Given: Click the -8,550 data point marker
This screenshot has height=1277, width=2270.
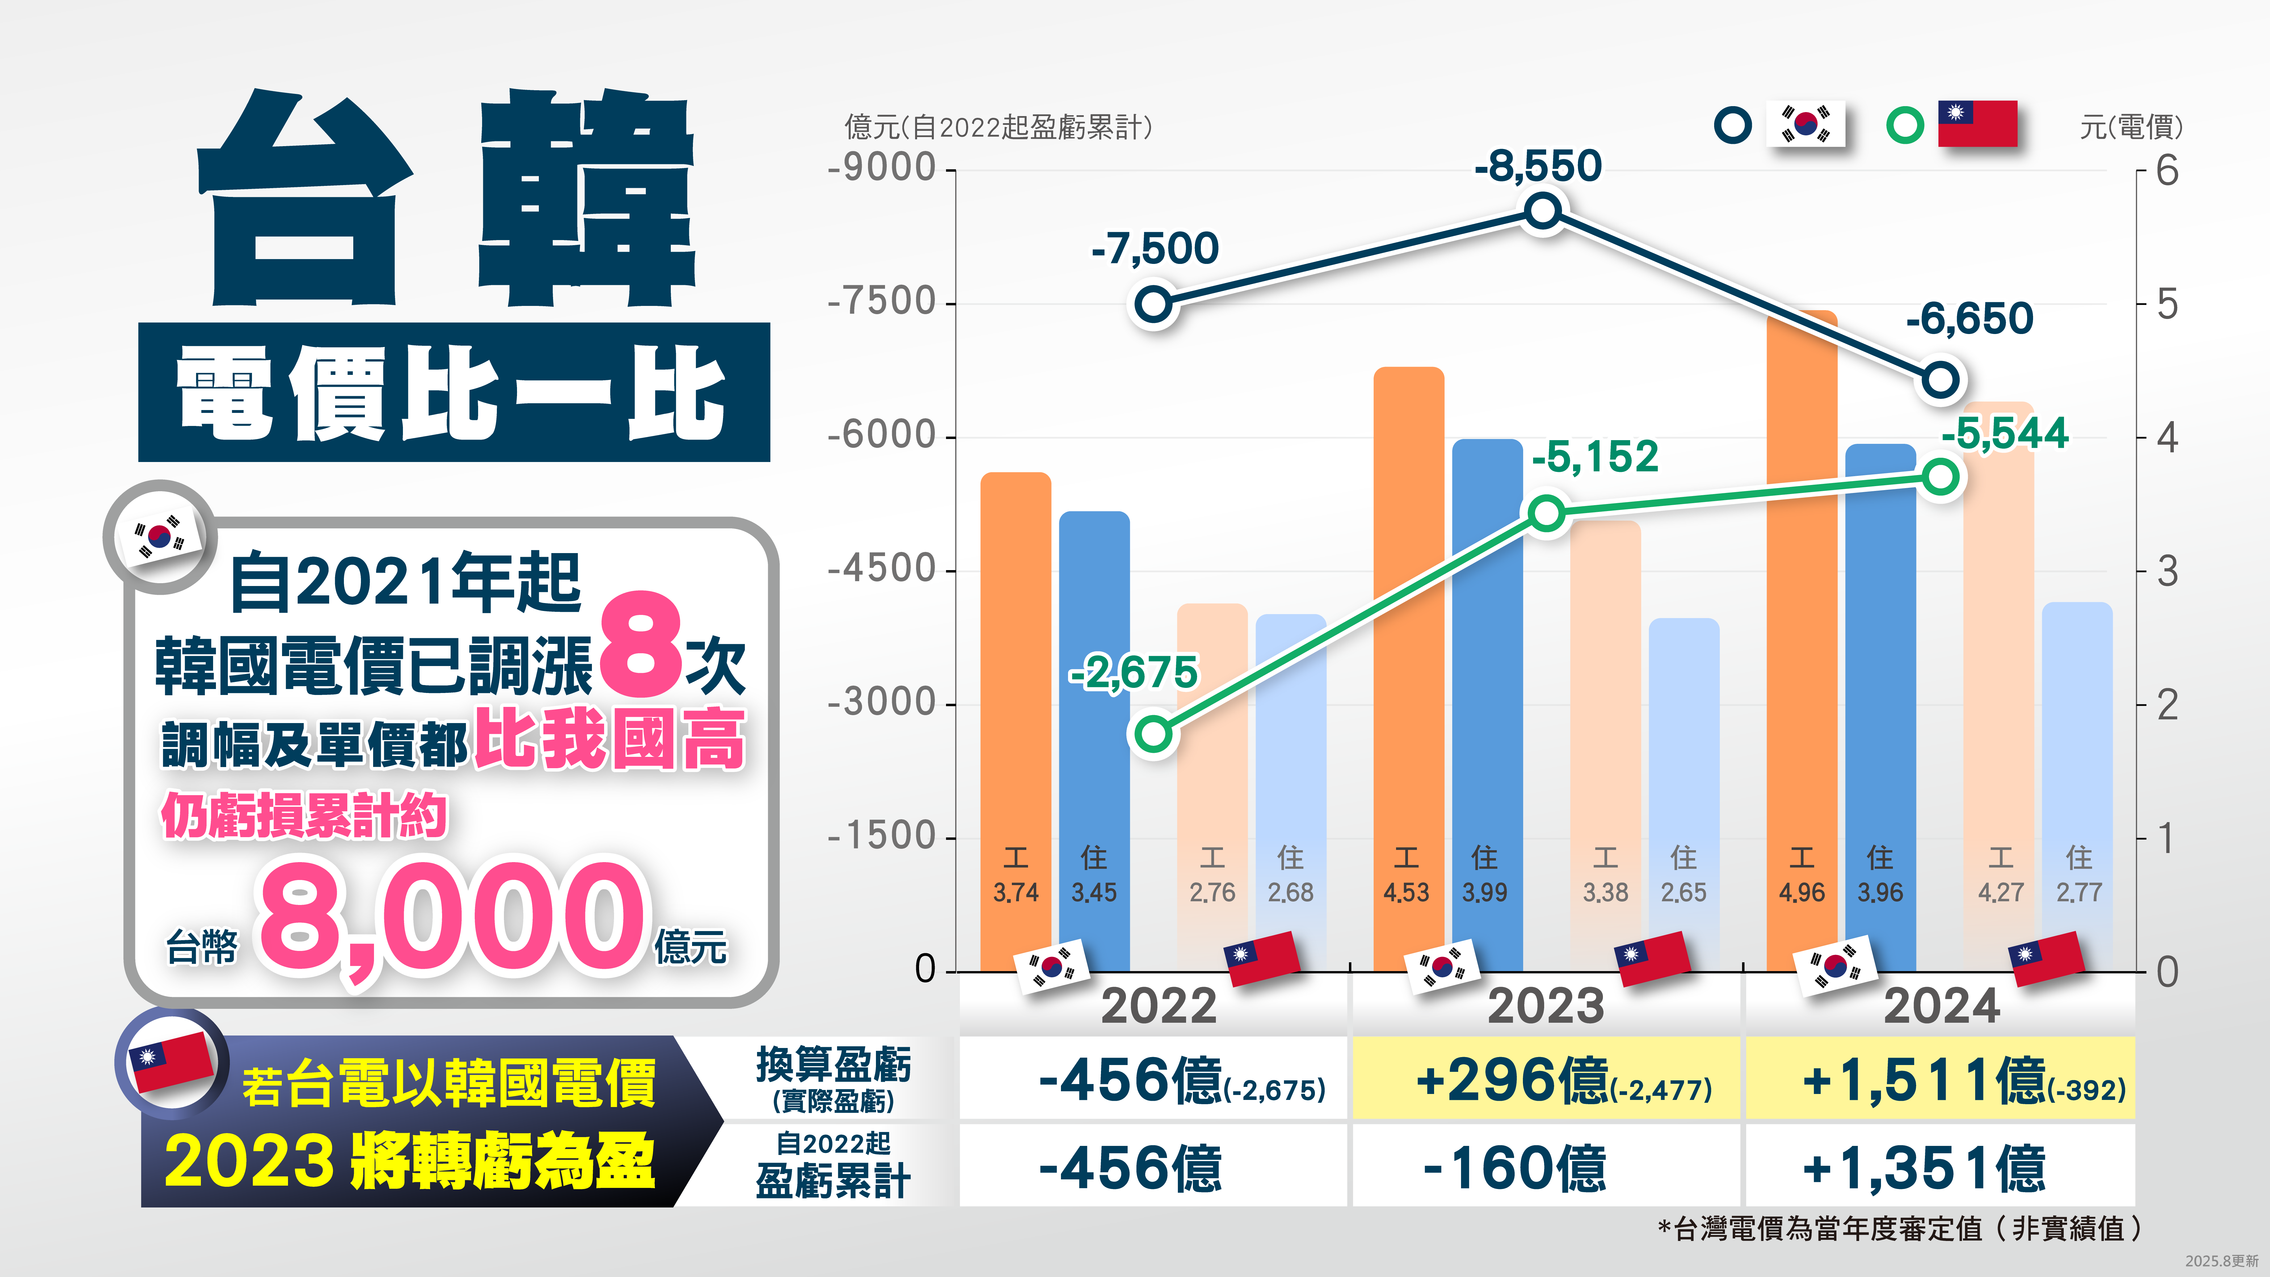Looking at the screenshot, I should tap(1543, 211).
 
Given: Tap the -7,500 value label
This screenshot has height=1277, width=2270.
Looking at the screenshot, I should tap(1154, 249).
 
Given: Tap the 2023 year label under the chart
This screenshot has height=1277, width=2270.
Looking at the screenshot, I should tap(1546, 1005).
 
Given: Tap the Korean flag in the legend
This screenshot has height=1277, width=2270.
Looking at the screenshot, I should tap(1806, 124).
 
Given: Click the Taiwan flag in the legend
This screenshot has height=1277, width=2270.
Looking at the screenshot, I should tap(1977, 124).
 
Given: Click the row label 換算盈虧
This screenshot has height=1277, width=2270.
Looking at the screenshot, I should tap(833, 1065).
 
